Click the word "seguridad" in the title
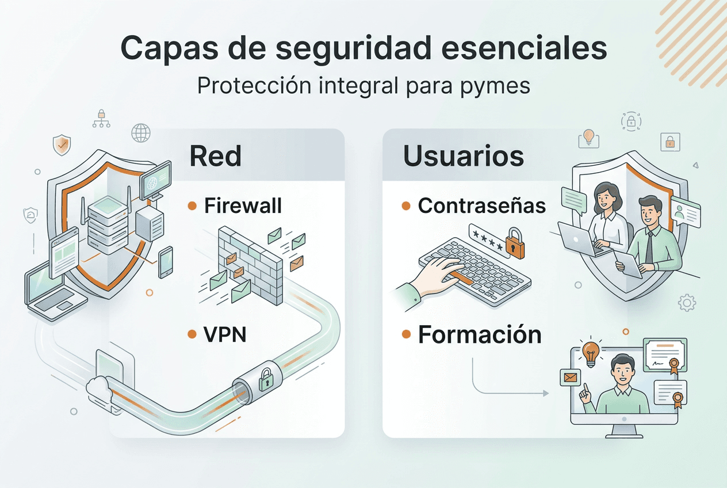pyautogui.click(x=353, y=48)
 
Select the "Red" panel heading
pyautogui.click(x=215, y=156)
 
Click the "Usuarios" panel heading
pyautogui.click(x=463, y=156)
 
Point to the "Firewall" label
pyautogui.click(x=243, y=206)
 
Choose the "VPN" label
pyautogui.click(x=225, y=334)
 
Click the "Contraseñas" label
pyautogui.click(x=481, y=205)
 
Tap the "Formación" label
pyautogui.click(x=480, y=334)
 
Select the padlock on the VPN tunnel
pyautogui.click(x=265, y=380)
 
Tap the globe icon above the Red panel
pyautogui.click(x=140, y=133)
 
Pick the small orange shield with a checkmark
pyautogui.click(x=61, y=145)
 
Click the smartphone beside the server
pyautogui.click(x=166, y=262)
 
